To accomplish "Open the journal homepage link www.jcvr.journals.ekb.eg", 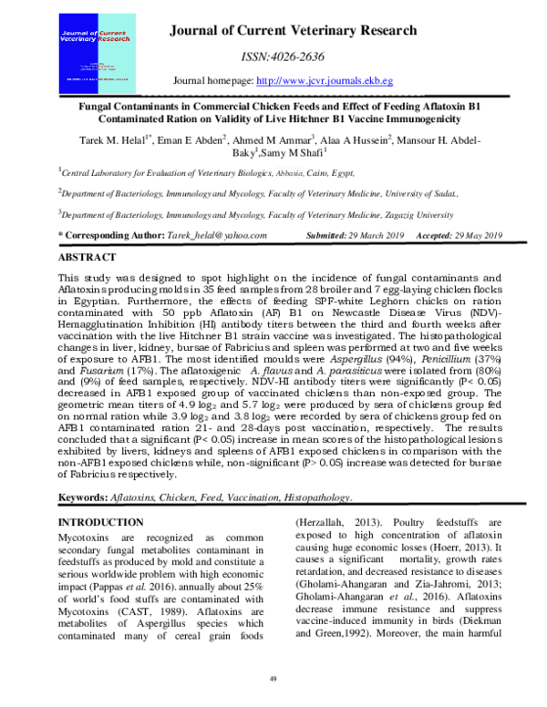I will pos(333,81).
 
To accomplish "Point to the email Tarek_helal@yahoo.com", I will pos(216,235).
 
